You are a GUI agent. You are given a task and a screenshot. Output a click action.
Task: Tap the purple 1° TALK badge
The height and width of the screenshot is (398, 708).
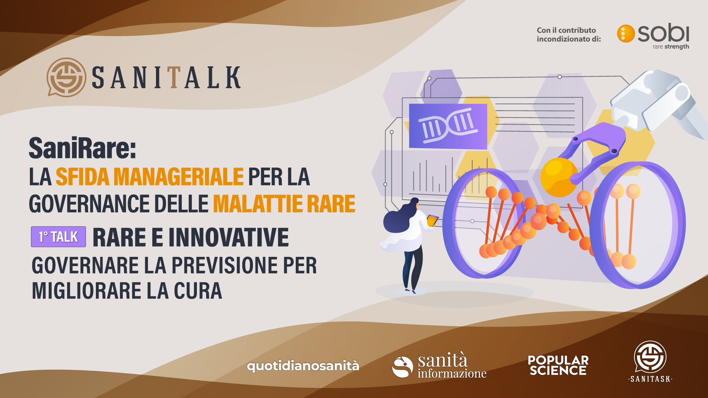58,237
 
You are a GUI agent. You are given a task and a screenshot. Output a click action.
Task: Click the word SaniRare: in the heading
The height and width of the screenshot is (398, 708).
83,148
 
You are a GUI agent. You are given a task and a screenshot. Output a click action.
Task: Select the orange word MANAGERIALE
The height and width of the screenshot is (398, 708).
178,177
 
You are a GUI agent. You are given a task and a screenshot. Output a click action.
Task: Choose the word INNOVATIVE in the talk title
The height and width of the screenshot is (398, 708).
229,237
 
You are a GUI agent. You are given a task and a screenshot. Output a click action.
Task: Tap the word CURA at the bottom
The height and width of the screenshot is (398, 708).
198,291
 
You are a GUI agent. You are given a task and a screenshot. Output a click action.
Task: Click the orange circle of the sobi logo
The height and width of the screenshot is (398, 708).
626,34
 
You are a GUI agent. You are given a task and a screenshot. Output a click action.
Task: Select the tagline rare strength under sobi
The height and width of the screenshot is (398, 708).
670,47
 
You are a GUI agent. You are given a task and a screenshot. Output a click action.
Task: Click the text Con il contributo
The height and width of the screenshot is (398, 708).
566,30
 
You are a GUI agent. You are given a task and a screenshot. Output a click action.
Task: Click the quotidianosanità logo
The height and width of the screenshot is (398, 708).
303,366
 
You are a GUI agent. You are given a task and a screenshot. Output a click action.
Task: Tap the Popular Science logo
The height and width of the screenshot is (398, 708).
558,365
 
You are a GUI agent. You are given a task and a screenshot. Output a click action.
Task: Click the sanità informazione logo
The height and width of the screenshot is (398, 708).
439,366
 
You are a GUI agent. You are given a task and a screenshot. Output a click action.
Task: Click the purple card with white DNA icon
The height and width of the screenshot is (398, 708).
448,126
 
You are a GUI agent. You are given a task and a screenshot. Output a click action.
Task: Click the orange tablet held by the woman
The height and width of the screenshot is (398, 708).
432,220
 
